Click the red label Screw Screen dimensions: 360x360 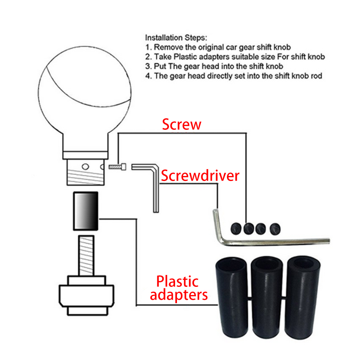182,124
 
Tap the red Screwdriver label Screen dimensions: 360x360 200,176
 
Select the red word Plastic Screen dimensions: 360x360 177,281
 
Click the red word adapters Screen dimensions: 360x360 178,295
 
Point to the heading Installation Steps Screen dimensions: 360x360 176,38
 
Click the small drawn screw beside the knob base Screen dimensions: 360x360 117,167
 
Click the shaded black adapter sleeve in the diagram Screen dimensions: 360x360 86,211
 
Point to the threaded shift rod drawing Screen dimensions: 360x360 86,255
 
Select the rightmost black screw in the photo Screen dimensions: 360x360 275,229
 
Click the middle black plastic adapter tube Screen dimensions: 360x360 266,297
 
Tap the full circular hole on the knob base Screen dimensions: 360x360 85,167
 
